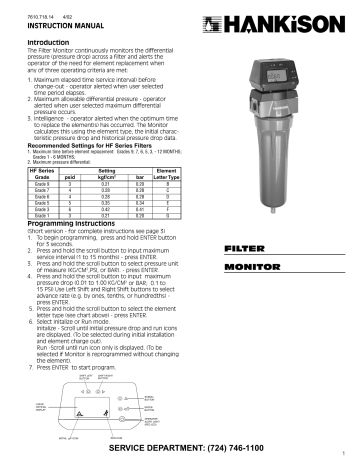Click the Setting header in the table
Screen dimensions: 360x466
[x=116, y=172]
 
